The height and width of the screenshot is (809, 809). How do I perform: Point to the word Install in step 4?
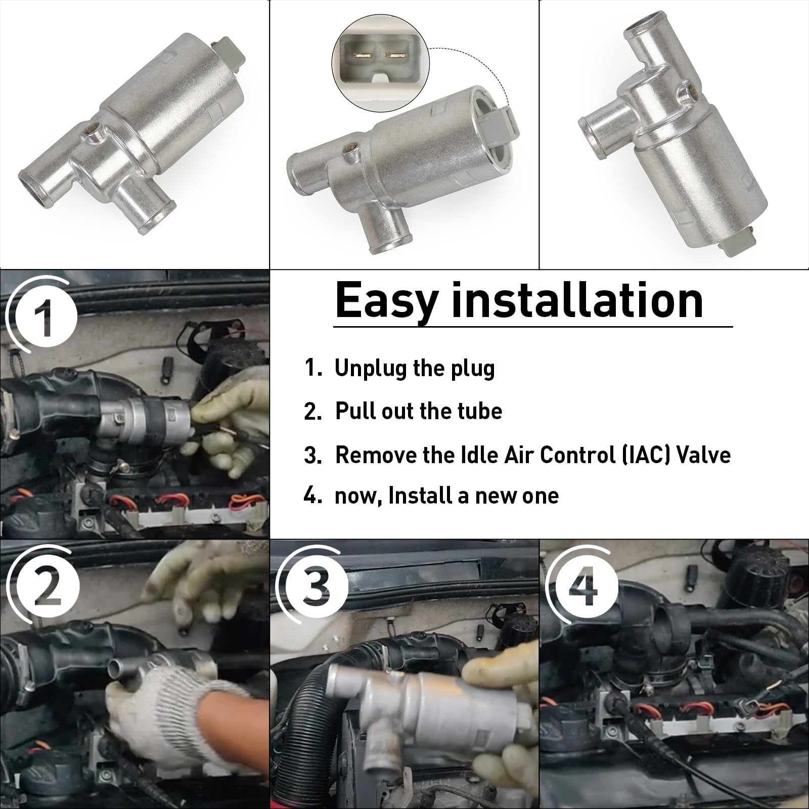click(x=420, y=496)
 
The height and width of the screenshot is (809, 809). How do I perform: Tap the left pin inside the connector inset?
click(x=363, y=55)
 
